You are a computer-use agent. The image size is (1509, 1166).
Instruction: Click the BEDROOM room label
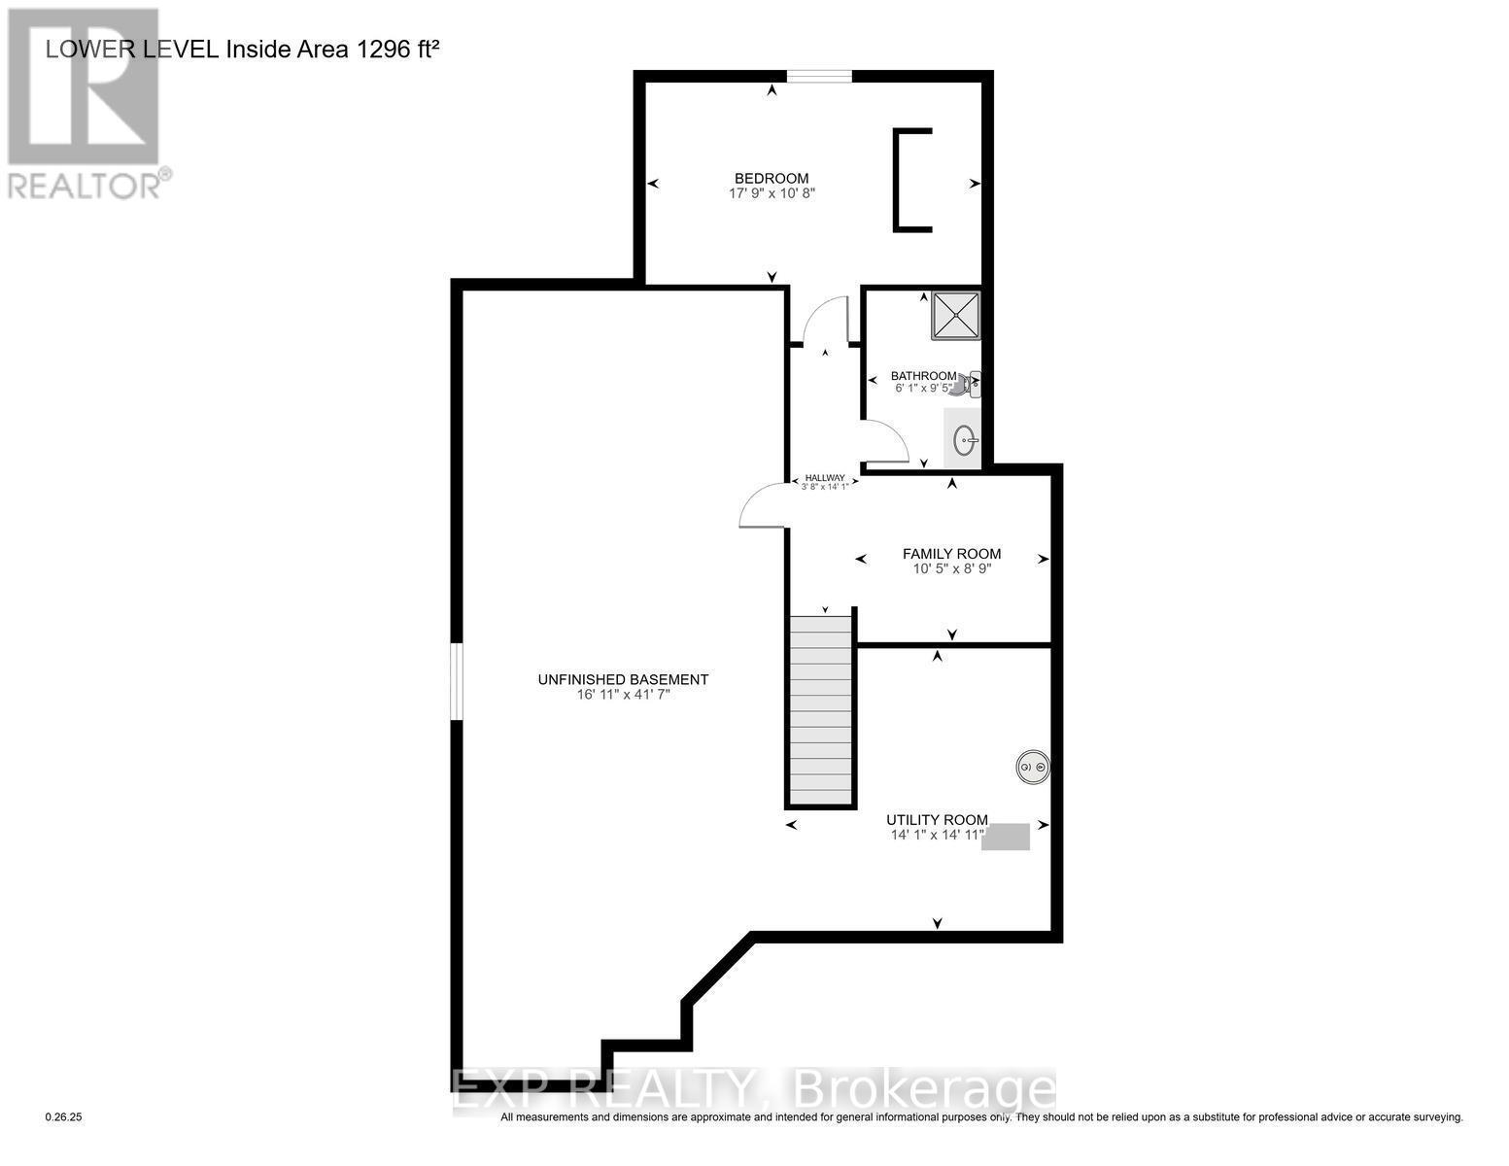click(x=772, y=178)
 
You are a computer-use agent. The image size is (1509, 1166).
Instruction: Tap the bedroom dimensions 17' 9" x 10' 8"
click(x=772, y=193)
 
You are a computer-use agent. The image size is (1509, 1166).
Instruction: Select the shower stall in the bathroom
click(x=956, y=315)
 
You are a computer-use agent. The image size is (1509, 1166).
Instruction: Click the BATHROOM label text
click(x=923, y=376)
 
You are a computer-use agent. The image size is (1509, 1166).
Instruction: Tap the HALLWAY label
click(x=825, y=478)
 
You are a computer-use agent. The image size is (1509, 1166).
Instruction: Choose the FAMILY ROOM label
click(x=951, y=554)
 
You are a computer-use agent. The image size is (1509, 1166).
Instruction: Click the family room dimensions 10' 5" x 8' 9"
click(x=951, y=569)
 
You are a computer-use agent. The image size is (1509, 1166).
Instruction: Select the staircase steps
click(x=822, y=709)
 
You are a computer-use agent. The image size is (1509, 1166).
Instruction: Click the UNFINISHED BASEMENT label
click(x=623, y=679)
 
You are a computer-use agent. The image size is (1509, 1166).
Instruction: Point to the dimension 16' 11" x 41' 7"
click(x=623, y=695)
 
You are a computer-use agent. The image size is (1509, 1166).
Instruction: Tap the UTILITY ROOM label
click(x=937, y=820)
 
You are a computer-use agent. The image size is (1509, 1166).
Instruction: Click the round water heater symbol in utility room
click(x=1032, y=767)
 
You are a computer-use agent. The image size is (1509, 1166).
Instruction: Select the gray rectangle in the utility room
click(x=1006, y=837)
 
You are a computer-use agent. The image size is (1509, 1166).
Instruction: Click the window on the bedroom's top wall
click(x=819, y=76)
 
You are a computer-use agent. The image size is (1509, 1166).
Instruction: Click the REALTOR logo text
click(x=86, y=185)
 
